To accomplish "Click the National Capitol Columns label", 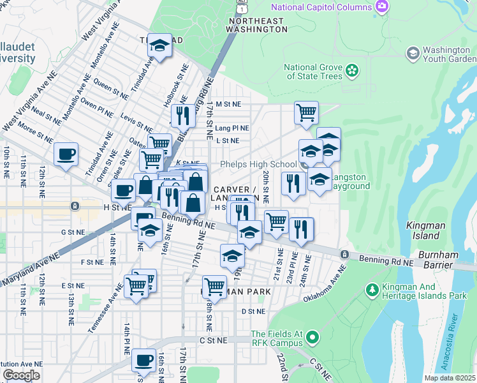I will point(321,7).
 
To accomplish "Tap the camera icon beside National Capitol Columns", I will point(382,7).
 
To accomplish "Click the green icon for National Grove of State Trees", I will point(352,71).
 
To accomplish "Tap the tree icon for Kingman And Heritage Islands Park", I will point(372,290).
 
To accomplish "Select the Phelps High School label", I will point(258,164).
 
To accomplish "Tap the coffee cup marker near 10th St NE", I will point(66,154).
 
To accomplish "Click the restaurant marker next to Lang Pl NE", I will point(183,116).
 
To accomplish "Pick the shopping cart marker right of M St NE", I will point(307,113).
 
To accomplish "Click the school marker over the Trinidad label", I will point(160,46).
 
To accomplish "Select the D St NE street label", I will point(253,312).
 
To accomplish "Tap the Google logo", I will point(21,375).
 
